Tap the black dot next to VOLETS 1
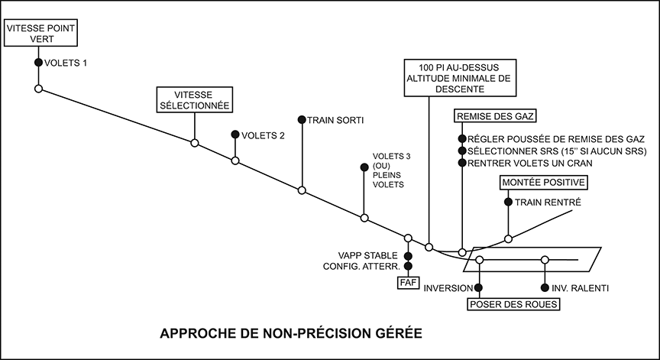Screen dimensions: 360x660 [37, 63]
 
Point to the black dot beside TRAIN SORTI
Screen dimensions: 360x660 [302, 119]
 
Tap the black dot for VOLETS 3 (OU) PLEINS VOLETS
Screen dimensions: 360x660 [364, 167]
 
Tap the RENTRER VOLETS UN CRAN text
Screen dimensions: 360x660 [532, 164]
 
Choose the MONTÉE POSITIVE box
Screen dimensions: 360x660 [543, 183]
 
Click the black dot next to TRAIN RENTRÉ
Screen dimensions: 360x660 [508, 202]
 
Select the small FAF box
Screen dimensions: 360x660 [407, 282]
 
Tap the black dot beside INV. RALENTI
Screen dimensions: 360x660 [545, 288]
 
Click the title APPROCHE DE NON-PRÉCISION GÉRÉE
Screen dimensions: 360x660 [290, 334]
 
